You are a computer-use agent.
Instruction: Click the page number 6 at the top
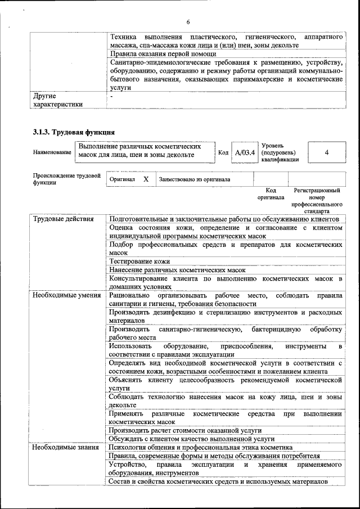(x=188, y=22)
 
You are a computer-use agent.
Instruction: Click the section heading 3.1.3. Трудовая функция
(x=74, y=132)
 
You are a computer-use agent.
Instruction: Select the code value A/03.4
(x=245, y=152)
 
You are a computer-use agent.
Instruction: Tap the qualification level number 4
(x=327, y=152)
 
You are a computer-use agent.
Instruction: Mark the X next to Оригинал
(x=146, y=179)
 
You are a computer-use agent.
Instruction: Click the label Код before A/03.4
(x=223, y=152)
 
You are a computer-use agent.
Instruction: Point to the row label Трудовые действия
(x=63, y=219)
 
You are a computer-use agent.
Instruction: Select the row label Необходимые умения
(x=66, y=295)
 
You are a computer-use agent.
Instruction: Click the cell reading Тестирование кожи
(x=139, y=262)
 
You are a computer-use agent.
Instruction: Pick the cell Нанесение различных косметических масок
(x=177, y=270)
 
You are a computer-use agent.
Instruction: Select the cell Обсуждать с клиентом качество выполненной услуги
(x=192, y=439)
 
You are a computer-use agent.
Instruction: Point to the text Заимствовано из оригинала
(x=195, y=180)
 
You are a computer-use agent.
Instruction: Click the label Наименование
(x=52, y=152)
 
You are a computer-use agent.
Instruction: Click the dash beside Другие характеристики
(x=112, y=96)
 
